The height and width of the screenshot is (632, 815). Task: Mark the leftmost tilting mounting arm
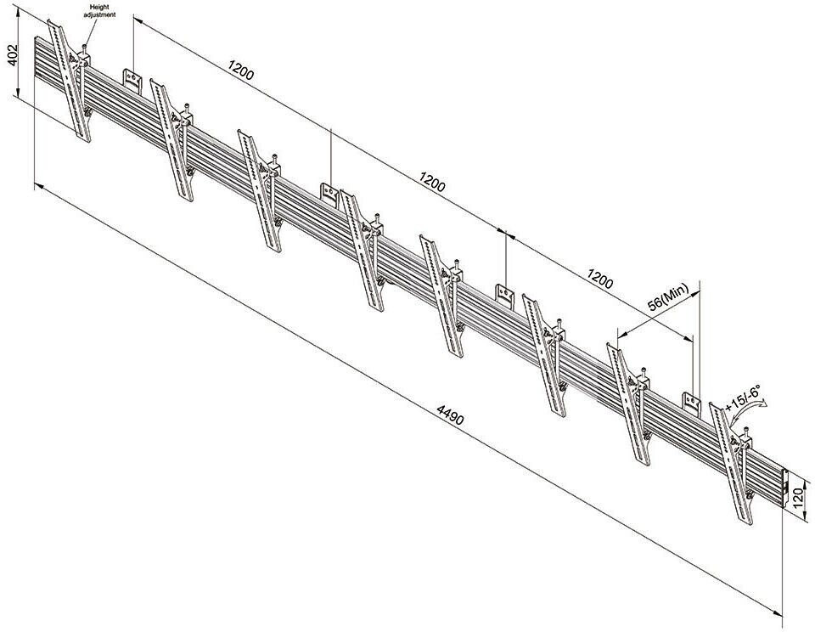coord(70,82)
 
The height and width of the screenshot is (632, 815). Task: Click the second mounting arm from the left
coord(172,140)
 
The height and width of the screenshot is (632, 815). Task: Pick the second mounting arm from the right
coord(630,403)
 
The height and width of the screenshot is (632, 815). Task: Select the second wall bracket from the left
coord(329,193)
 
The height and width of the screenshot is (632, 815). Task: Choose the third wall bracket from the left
coord(505,296)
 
